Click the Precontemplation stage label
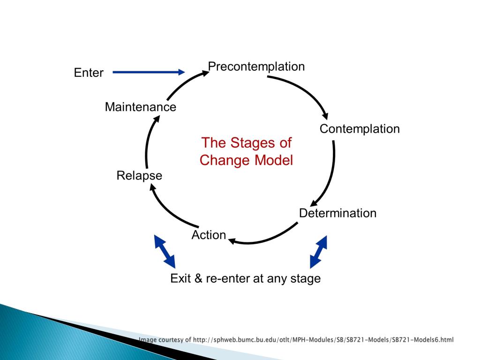click(x=256, y=67)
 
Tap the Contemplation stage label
click(x=360, y=129)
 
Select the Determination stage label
click(x=337, y=213)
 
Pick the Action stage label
click(x=209, y=235)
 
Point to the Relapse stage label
click(x=139, y=176)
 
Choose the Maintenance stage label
click(x=141, y=107)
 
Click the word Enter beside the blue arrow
click(x=89, y=73)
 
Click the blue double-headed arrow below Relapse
click(x=165, y=251)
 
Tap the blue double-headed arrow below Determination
click(x=319, y=251)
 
